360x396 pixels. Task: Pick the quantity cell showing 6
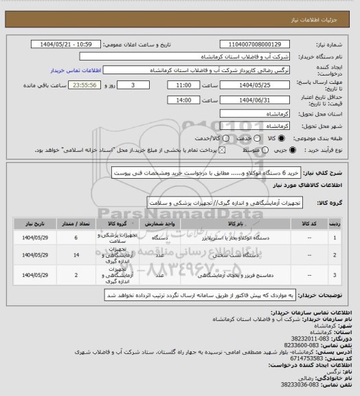point(75,237)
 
